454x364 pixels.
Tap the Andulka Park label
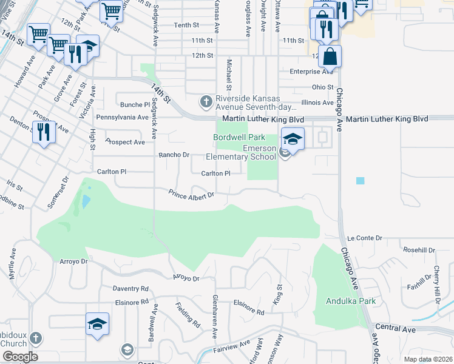pyautogui.click(x=351, y=301)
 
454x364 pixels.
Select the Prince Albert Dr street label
pyautogui.click(x=192, y=195)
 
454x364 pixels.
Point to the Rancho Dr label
pyautogui.click(x=174, y=155)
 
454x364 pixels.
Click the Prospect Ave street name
pyautogui.click(x=125, y=142)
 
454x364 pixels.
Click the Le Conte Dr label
pyautogui.click(x=364, y=238)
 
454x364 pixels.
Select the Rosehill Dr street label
pyautogui.click(x=419, y=250)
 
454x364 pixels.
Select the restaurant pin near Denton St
pyautogui.click(x=43, y=132)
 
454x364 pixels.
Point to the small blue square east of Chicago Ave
pyautogui.click(x=361, y=181)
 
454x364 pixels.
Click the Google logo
pyautogui.click(x=19, y=357)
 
